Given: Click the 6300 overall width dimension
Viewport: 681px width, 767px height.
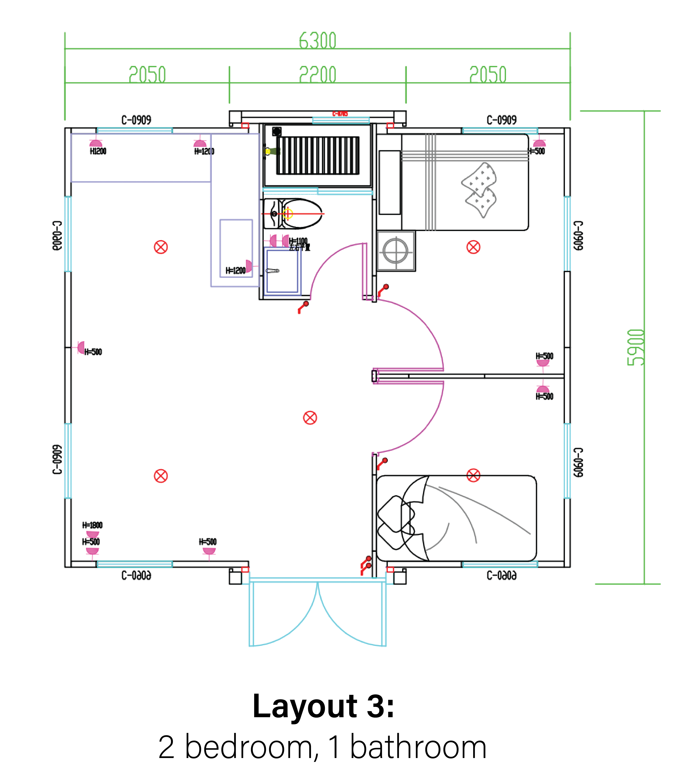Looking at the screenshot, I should click(x=317, y=40).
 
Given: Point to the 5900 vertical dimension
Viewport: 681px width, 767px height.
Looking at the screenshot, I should click(x=636, y=347).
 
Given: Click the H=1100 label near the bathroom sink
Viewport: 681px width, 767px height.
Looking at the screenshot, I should click(x=298, y=240).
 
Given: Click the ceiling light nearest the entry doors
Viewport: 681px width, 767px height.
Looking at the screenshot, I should click(x=310, y=418).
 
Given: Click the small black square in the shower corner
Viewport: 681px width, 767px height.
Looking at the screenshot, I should click(x=277, y=131).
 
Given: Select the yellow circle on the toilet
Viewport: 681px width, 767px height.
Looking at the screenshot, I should click(x=288, y=214).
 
